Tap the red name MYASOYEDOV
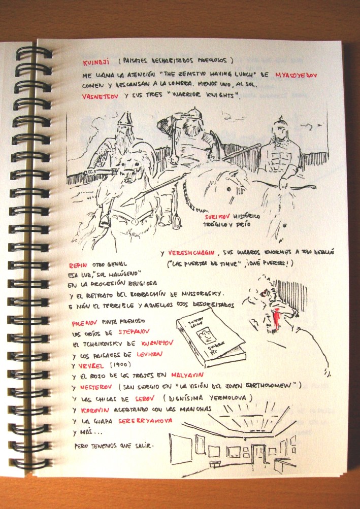point(296,74)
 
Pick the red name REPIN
point(77,265)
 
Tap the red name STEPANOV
point(134,333)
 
